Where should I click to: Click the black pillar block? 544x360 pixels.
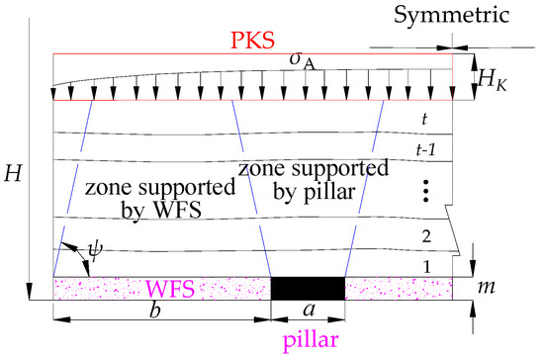tap(308, 288)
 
